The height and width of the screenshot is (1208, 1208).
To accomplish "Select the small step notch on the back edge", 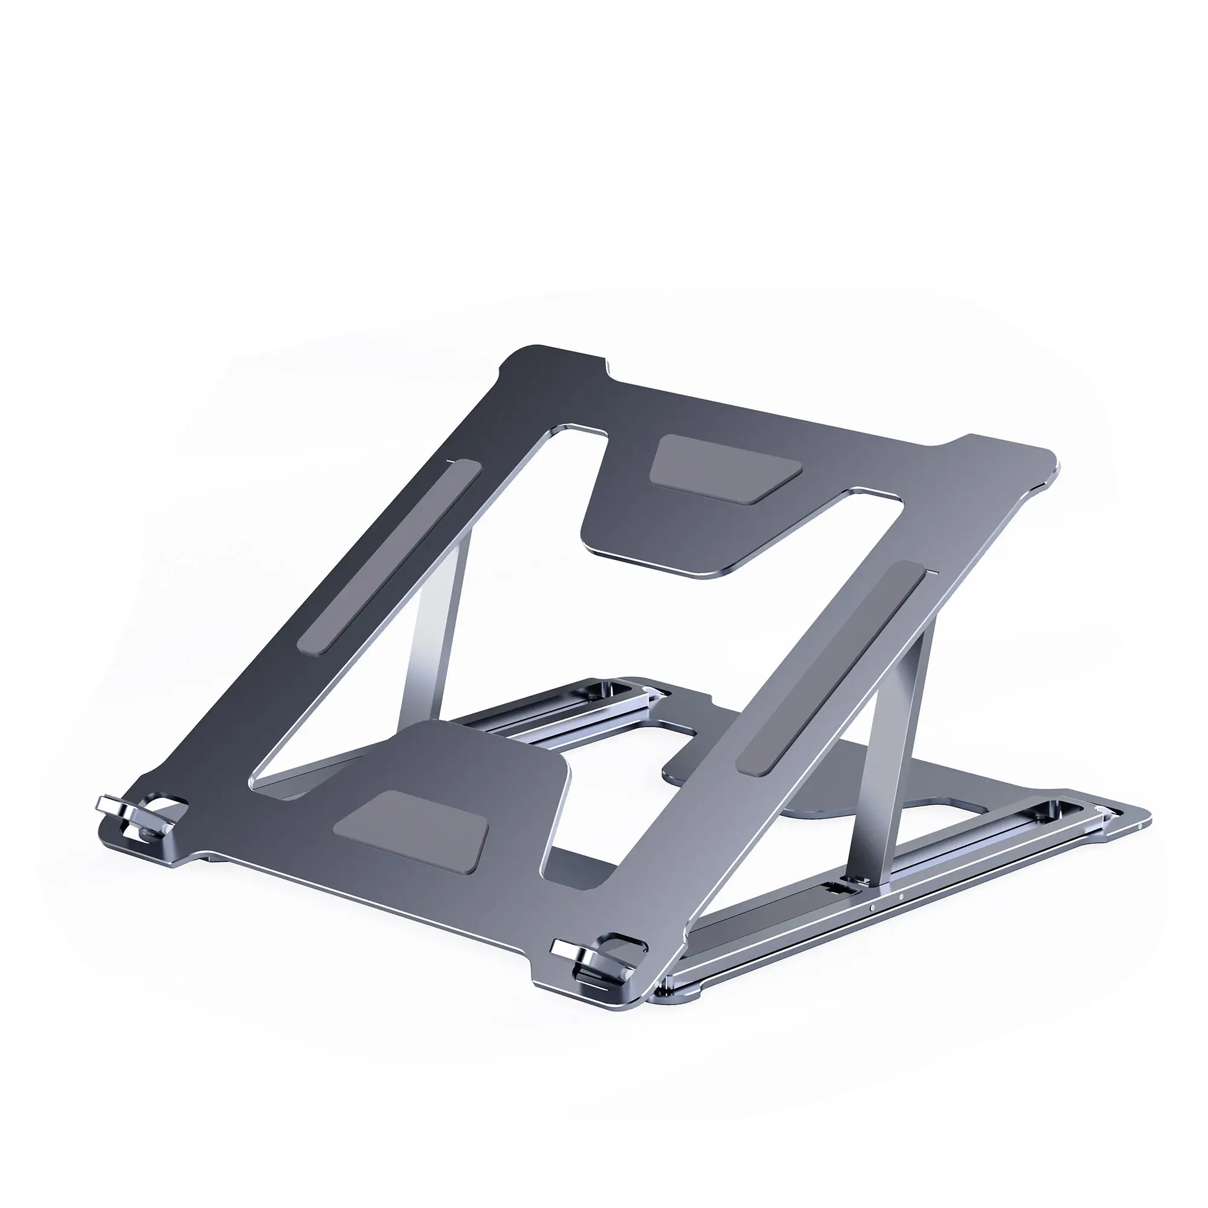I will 606,369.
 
